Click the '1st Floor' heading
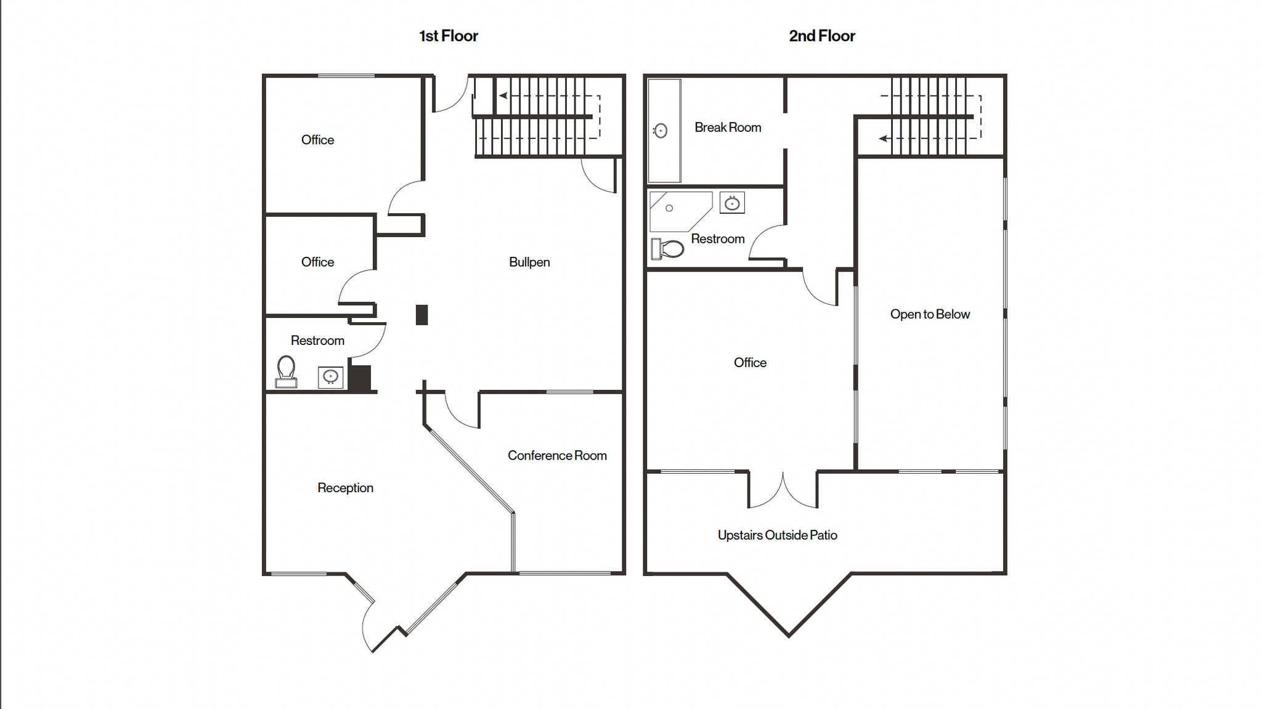(x=448, y=36)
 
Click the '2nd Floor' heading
(x=821, y=36)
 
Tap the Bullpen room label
(x=529, y=262)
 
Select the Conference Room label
(x=556, y=455)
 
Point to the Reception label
(x=345, y=487)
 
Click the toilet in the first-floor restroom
(x=286, y=371)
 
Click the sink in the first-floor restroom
(x=330, y=376)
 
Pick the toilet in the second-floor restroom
(x=669, y=249)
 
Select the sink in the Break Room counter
(x=661, y=131)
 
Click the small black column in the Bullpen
(x=421, y=315)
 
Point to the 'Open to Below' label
(x=929, y=314)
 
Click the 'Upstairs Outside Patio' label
(x=777, y=535)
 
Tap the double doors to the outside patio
(x=783, y=490)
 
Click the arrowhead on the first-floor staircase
(x=503, y=95)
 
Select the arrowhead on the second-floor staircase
(x=883, y=139)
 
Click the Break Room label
(x=727, y=128)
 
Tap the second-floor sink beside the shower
(x=732, y=203)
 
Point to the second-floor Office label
(x=749, y=362)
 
